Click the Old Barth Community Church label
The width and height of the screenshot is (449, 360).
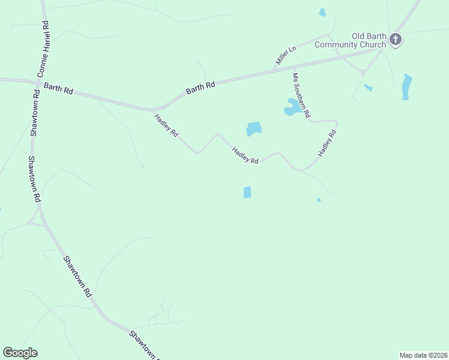click(x=351, y=40)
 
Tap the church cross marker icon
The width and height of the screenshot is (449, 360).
click(x=395, y=40)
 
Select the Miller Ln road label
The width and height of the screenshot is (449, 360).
click(x=286, y=55)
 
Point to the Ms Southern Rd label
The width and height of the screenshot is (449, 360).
click(x=301, y=95)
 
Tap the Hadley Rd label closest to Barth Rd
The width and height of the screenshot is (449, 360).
click(x=166, y=126)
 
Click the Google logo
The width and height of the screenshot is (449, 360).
click(x=20, y=353)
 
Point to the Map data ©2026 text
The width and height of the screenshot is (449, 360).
click(x=423, y=355)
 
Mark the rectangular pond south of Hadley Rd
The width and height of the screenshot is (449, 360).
click(x=247, y=192)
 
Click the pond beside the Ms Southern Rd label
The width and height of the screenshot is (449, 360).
click(x=292, y=108)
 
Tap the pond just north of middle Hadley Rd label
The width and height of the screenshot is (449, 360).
click(x=254, y=128)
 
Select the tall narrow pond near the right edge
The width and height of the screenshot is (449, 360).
click(x=406, y=86)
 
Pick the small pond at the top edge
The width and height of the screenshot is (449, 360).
click(x=322, y=12)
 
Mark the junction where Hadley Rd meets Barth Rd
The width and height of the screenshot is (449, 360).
click(x=154, y=110)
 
